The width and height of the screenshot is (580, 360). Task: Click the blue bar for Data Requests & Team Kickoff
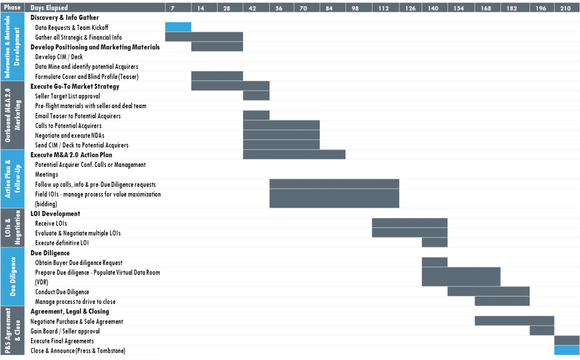178,27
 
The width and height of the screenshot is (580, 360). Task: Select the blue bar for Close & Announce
567,350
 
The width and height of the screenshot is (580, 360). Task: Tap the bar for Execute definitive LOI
434,242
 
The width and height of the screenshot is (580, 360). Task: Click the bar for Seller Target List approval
257,96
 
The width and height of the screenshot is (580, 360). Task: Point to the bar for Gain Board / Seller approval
542,331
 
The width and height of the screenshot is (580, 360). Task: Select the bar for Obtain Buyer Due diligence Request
434,262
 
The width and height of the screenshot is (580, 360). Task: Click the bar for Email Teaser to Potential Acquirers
257,115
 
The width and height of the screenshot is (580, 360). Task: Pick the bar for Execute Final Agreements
567,340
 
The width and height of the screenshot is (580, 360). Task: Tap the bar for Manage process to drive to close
502,301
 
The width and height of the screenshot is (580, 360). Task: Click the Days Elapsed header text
49,8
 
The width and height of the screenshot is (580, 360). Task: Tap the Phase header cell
12,7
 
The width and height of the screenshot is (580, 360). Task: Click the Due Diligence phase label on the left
12,276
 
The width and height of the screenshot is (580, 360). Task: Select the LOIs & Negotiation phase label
12,228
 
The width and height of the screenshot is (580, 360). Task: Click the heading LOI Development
55,213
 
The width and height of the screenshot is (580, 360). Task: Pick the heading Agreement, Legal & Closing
70,311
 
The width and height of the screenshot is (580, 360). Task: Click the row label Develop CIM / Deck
59,57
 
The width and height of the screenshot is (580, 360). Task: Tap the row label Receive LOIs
51,223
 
